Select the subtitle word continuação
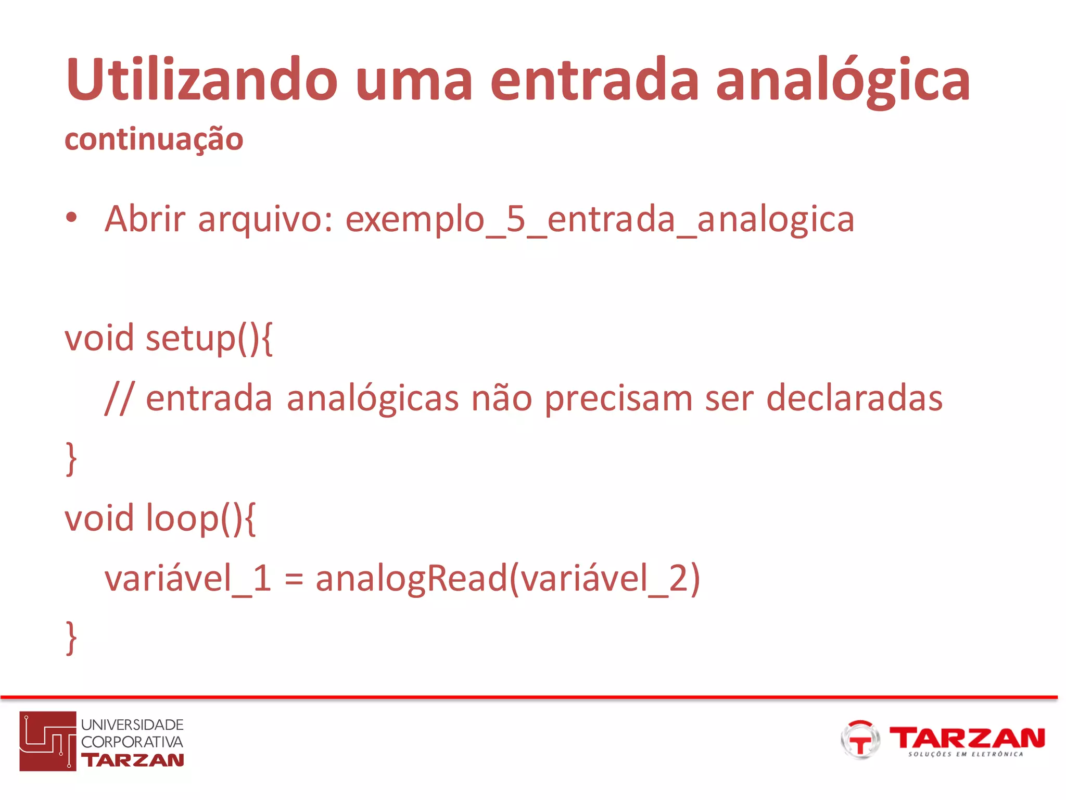click(x=154, y=140)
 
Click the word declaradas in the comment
click(x=854, y=398)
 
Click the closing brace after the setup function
click(x=71, y=458)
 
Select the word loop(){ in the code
click(x=201, y=519)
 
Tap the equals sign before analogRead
click(x=294, y=580)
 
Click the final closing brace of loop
click(x=71, y=638)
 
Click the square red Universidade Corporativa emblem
click(x=48, y=741)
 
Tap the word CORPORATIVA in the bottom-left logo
click(x=132, y=742)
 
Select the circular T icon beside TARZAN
click(x=860, y=740)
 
